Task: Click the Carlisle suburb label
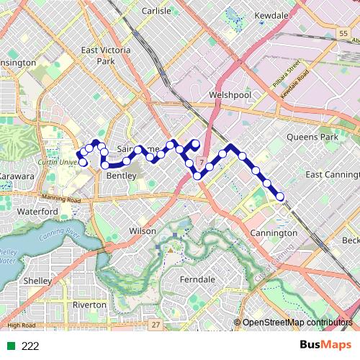pyautogui.click(x=157, y=12)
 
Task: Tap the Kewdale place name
pyautogui.click(x=273, y=15)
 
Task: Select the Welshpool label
pyautogui.click(x=228, y=95)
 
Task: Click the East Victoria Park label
pyautogui.click(x=98, y=56)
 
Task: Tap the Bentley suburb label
pyautogui.click(x=120, y=176)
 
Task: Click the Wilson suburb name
pyautogui.click(x=142, y=231)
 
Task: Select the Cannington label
pyautogui.click(x=274, y=233)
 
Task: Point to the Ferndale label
pyautogui.click(x=197, y=279)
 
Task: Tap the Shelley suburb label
pyautogui.click(x=37, y=280)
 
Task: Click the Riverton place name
pyautogui.click(x=89, y=305)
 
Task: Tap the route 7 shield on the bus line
pyautogui.click(x=202, y=161)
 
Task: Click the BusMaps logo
pyautogui.click(x=325, y=346)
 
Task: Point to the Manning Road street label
pyautogui.click(x=58, y=197)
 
